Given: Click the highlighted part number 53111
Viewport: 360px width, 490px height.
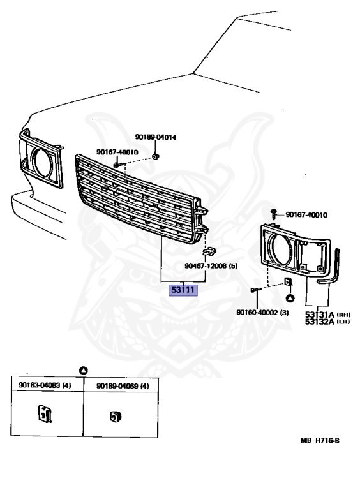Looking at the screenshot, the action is click(183, 290).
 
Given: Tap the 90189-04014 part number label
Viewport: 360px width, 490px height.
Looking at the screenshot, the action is click(155, 137).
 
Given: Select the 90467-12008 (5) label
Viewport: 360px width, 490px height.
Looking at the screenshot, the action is click(211, 265).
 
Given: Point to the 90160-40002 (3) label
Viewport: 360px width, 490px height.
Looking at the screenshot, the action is click(262, 312).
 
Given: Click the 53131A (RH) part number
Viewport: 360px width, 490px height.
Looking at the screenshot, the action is click(327, 315).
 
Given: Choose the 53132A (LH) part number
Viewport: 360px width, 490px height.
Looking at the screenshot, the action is click(327, 322).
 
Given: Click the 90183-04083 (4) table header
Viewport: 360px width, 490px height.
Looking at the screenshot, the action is click(45, 385).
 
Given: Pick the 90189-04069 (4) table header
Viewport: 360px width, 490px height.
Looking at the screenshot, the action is click(123, 386).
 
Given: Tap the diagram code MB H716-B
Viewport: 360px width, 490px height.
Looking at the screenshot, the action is click(320, 440).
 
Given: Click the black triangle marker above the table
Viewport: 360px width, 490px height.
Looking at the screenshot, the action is click(84, 371).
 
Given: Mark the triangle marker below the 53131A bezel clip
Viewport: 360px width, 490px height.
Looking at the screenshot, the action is click(290, 298).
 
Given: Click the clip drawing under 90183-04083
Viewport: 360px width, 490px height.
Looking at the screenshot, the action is click(45, 413).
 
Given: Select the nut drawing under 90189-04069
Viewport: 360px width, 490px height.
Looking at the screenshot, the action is click(116, 416).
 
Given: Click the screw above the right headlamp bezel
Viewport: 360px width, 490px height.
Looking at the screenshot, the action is click(274, 214).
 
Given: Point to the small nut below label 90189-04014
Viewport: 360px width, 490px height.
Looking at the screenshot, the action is click(155, 156).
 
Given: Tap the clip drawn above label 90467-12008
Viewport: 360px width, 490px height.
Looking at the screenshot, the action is click(209, 251).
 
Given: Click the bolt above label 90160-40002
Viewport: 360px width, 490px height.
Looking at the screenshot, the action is click(255, 290).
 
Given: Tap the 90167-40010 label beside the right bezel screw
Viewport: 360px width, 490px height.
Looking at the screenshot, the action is click(306, 214).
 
